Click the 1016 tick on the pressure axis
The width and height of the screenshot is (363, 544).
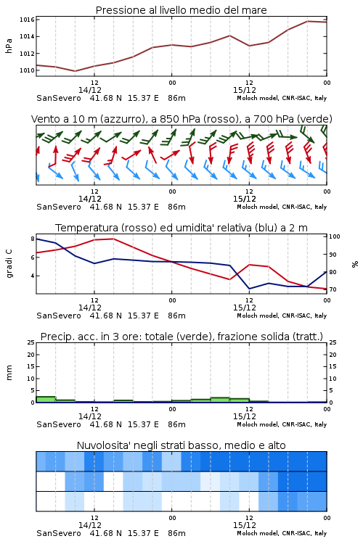pyautogui.click(x=27, y=20)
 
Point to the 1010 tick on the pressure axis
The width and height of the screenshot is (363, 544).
pyautogui.click(x=27, y=70)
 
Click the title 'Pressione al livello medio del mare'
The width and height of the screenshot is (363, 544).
pyautogui.click(x=181, y=10)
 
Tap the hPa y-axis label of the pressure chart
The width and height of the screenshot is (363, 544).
pyautogui.click(x=9, y=46)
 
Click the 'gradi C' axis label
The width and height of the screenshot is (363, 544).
pyautogui.click(x=9, y=264)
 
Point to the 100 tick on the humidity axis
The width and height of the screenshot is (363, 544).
pyautogui.click(x=335, y=236)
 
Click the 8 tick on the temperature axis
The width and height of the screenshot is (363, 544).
pyautogui.click(x=33, y=239)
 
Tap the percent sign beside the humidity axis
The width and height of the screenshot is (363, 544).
pyautogui.click(x=355, y=264)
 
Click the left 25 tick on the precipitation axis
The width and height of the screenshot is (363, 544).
pyautogui.click(x=31, y=342)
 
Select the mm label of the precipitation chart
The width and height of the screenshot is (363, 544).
pyautogui.click(x=9, y=373)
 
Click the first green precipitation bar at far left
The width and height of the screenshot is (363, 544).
pyautogui.click(x=46, y=400)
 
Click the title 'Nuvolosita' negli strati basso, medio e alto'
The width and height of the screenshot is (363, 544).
pyautogui.click(x=181, y=445)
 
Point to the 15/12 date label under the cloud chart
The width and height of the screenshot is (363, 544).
pyautogui.click(x=245, y=525)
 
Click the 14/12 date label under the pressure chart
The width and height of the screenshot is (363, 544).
pyautogui.click(x=90, y=90)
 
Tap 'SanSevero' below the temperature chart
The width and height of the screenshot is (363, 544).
pyautogui.click(x=59, y=316)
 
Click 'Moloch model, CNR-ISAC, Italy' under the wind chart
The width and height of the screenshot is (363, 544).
pyautogui.click(x=282, y=207)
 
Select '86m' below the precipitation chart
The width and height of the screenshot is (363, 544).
pyautogui.click(x=177, y=424)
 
